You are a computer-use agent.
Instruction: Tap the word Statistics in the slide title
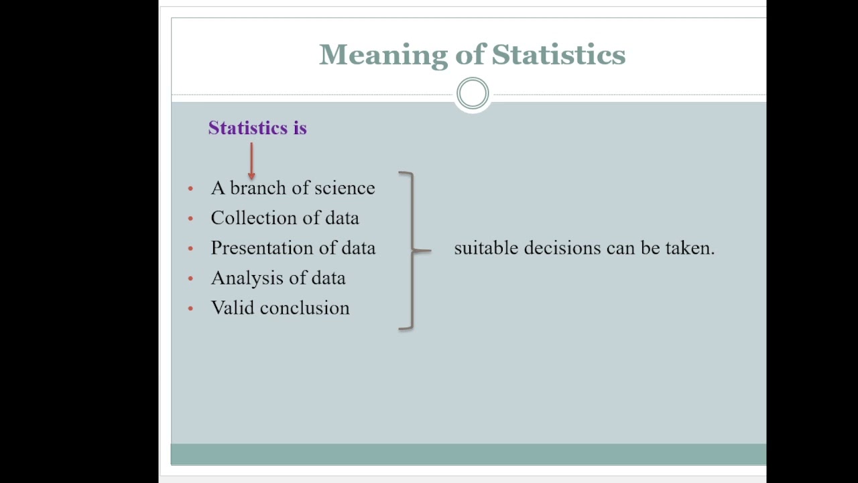558,55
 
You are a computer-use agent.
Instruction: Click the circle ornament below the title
473,94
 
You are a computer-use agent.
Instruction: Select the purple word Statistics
248,128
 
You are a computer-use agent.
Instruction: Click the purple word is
300,128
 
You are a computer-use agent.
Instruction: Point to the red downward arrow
251,161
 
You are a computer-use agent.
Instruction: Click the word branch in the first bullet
258,188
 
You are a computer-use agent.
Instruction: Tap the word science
345,188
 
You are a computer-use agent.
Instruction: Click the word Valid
232,308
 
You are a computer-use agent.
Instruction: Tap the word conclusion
304,308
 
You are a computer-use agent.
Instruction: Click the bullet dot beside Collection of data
191,219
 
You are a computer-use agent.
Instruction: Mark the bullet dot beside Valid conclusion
191,309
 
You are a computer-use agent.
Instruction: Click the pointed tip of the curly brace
429,251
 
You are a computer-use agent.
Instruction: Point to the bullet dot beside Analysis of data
191,278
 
